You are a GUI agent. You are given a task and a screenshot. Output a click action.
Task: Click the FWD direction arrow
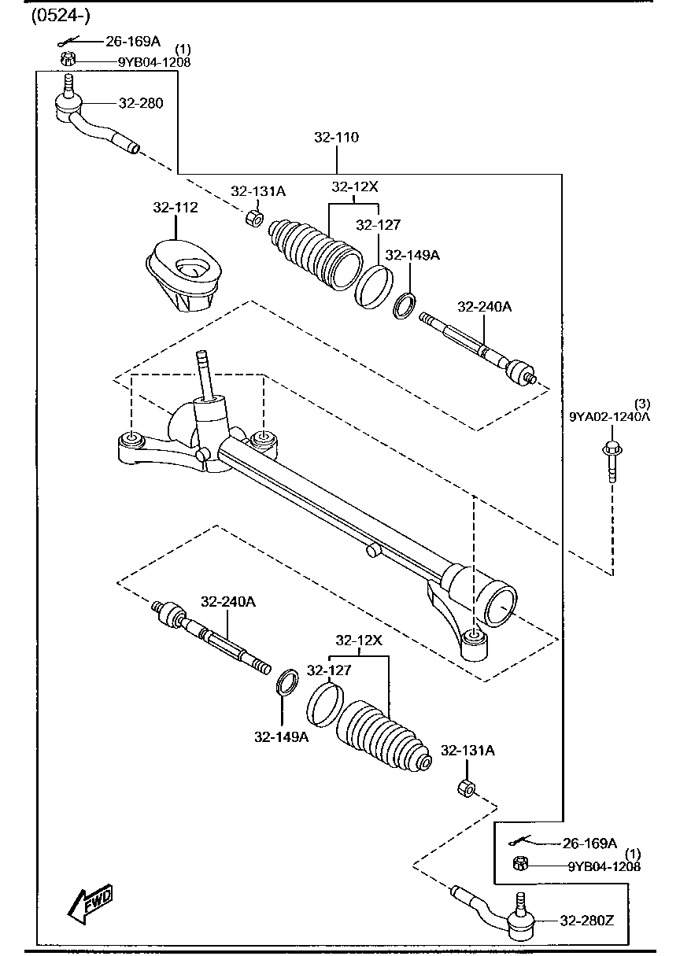point(91,904)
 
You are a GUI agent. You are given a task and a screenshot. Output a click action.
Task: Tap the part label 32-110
point(336,138)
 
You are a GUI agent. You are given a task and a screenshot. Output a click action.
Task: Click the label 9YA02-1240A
point(610,417)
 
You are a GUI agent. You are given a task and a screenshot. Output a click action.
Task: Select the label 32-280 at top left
point(141,103)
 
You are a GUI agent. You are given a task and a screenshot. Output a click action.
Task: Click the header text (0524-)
point(60,17)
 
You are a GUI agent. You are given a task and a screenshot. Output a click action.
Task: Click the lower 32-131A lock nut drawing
point(465,788)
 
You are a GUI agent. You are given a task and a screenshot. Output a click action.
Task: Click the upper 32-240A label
point(484,307)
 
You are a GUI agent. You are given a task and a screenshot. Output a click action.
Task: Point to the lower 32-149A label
point(280,737)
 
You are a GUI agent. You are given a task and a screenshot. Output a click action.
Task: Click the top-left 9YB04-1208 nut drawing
point(67,59)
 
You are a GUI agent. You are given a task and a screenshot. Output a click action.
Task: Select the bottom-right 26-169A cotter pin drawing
point(520,841)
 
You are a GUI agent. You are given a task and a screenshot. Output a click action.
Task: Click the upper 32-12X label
point(355,187)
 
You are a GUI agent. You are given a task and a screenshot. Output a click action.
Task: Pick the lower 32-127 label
point(329,670)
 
